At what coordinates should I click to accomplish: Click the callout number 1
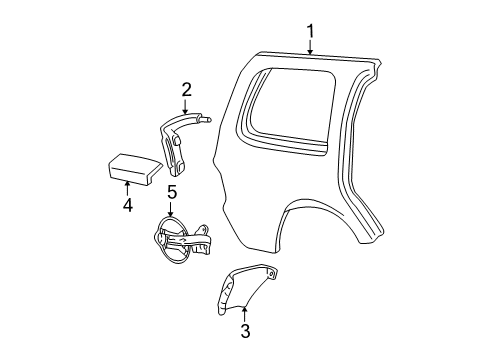(310, 30)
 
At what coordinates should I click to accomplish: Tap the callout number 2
(186, 90)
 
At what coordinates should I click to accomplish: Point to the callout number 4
(127, 207)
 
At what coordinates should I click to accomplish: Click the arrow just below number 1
(310, 46)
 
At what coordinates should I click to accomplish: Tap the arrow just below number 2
(186, 107)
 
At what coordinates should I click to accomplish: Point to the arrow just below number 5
(171, 207)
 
